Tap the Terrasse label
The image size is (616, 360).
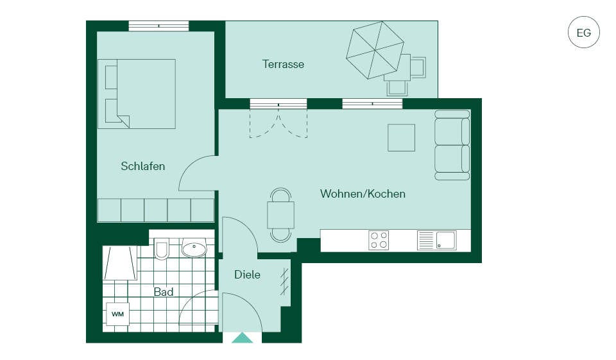point(283,64)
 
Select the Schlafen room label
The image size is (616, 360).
point(143,166)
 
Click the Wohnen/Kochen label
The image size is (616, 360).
point(363,194)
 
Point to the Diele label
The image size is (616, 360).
point(247,274)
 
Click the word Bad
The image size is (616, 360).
point(164,292)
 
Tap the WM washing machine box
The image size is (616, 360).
point(118,314)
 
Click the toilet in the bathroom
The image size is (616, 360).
point(162,248)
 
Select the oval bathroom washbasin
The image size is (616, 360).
point(194,248)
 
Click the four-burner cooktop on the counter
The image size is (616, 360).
point(379,240)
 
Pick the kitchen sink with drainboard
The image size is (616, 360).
point(437,240)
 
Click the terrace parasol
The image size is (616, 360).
point(375,50)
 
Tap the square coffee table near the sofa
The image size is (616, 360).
point(402,137)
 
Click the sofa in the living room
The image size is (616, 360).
point(452,145)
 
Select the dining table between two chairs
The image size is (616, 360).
point(281,214)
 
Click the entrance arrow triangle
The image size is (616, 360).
point(243,338)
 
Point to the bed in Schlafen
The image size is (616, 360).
point(137,94)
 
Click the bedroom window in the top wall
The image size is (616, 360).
point(158,26)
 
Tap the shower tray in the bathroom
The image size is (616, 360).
point(119,263)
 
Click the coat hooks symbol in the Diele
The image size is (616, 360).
point(285,282)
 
